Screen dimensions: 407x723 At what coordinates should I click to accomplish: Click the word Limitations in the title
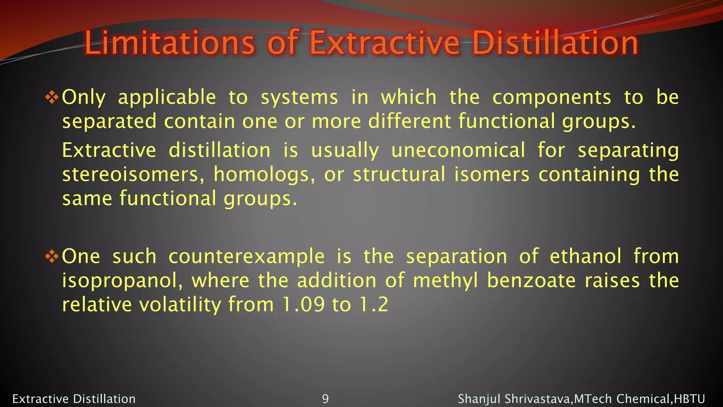click(x=169, y=43)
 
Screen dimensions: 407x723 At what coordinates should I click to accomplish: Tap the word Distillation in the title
click(x=555, y=43)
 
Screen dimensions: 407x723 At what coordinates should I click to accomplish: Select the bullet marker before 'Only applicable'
click(x=52, y=98)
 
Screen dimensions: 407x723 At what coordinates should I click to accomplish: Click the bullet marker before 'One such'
click(x=52, y=256)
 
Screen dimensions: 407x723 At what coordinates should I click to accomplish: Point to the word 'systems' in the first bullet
click(x=299, y=98)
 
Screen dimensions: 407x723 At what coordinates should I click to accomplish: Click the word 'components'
click(x=551, y=98)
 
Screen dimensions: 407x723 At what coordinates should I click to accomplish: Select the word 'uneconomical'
click(x=458, y=150)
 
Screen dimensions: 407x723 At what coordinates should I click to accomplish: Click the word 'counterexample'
click(x=246, y=256)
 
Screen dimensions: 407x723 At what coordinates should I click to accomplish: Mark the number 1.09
click(x=303, y=305)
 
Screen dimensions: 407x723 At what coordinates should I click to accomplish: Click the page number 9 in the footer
click(x=325, y=399)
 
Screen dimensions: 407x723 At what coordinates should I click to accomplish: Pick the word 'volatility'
click(x=180, y=305)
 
